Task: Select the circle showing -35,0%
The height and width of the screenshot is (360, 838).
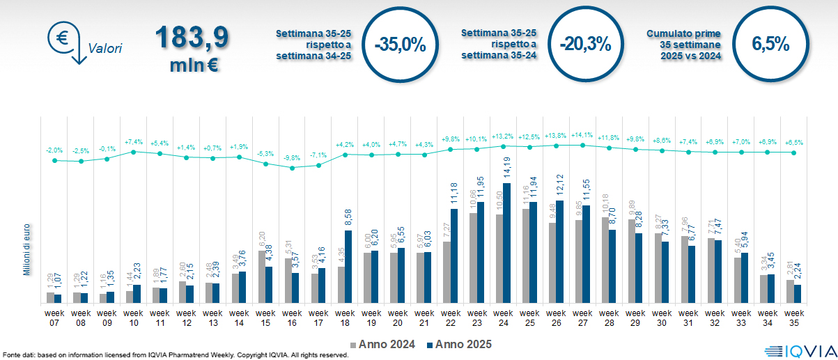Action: (x=400, y=45)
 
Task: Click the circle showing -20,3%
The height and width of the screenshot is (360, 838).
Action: (x=585, y=45)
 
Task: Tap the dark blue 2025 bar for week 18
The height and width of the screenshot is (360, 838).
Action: (x=348, y=267)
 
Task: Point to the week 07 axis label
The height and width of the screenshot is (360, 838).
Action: (x=54, y=318)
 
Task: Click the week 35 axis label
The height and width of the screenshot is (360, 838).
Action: (x=793, y=318)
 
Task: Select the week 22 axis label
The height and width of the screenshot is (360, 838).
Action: (x=451, y=318)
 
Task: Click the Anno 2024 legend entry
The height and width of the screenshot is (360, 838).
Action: (x=384, y=344)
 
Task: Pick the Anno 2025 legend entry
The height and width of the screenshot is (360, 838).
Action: (x=459, y=344)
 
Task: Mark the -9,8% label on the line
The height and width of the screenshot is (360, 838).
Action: (x=292, y=157)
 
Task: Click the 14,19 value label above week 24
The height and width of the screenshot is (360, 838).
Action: (x=506, y=169)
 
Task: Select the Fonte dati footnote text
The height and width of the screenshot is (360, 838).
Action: (x=174, y=355)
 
